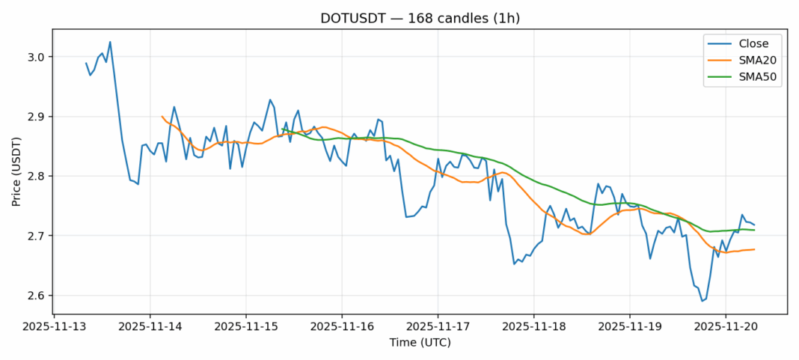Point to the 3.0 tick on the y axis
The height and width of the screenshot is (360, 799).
[37, 57]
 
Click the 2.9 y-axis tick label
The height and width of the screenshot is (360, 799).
[37, 117]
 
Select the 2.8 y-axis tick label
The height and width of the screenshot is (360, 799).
[37, 177]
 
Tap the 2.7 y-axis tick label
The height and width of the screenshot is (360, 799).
[37, 236]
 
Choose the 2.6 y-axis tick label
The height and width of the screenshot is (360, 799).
[37, 296]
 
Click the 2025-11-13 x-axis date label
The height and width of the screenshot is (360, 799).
[55, 327]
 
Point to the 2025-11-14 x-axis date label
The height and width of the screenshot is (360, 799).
[150, 327]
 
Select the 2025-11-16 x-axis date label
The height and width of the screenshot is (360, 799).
[342, 327]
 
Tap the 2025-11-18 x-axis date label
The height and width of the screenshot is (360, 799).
[533, 327]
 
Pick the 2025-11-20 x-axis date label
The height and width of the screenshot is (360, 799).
[725, 327]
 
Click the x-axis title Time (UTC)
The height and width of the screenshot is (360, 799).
[420, 343]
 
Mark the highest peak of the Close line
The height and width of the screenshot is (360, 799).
[110, 42]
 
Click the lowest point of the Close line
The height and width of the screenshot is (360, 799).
[702, 301]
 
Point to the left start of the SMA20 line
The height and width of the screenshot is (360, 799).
[162, 117]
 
